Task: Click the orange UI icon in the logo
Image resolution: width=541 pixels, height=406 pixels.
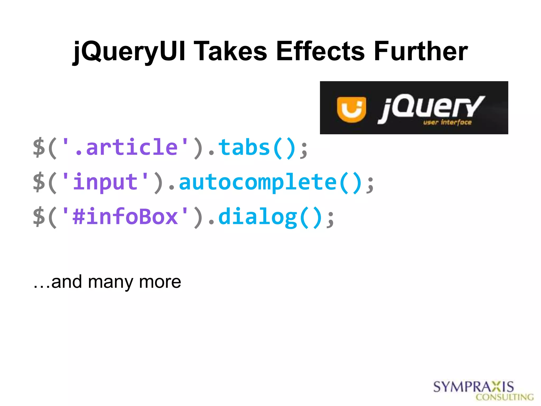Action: (x=351, y=109)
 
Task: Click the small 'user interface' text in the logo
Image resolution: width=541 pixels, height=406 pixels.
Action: (x=447, y=122)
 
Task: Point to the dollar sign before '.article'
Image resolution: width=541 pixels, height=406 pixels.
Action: (x=39, y=147)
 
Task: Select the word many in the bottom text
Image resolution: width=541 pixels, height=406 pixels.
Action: (x=110, y=282)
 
